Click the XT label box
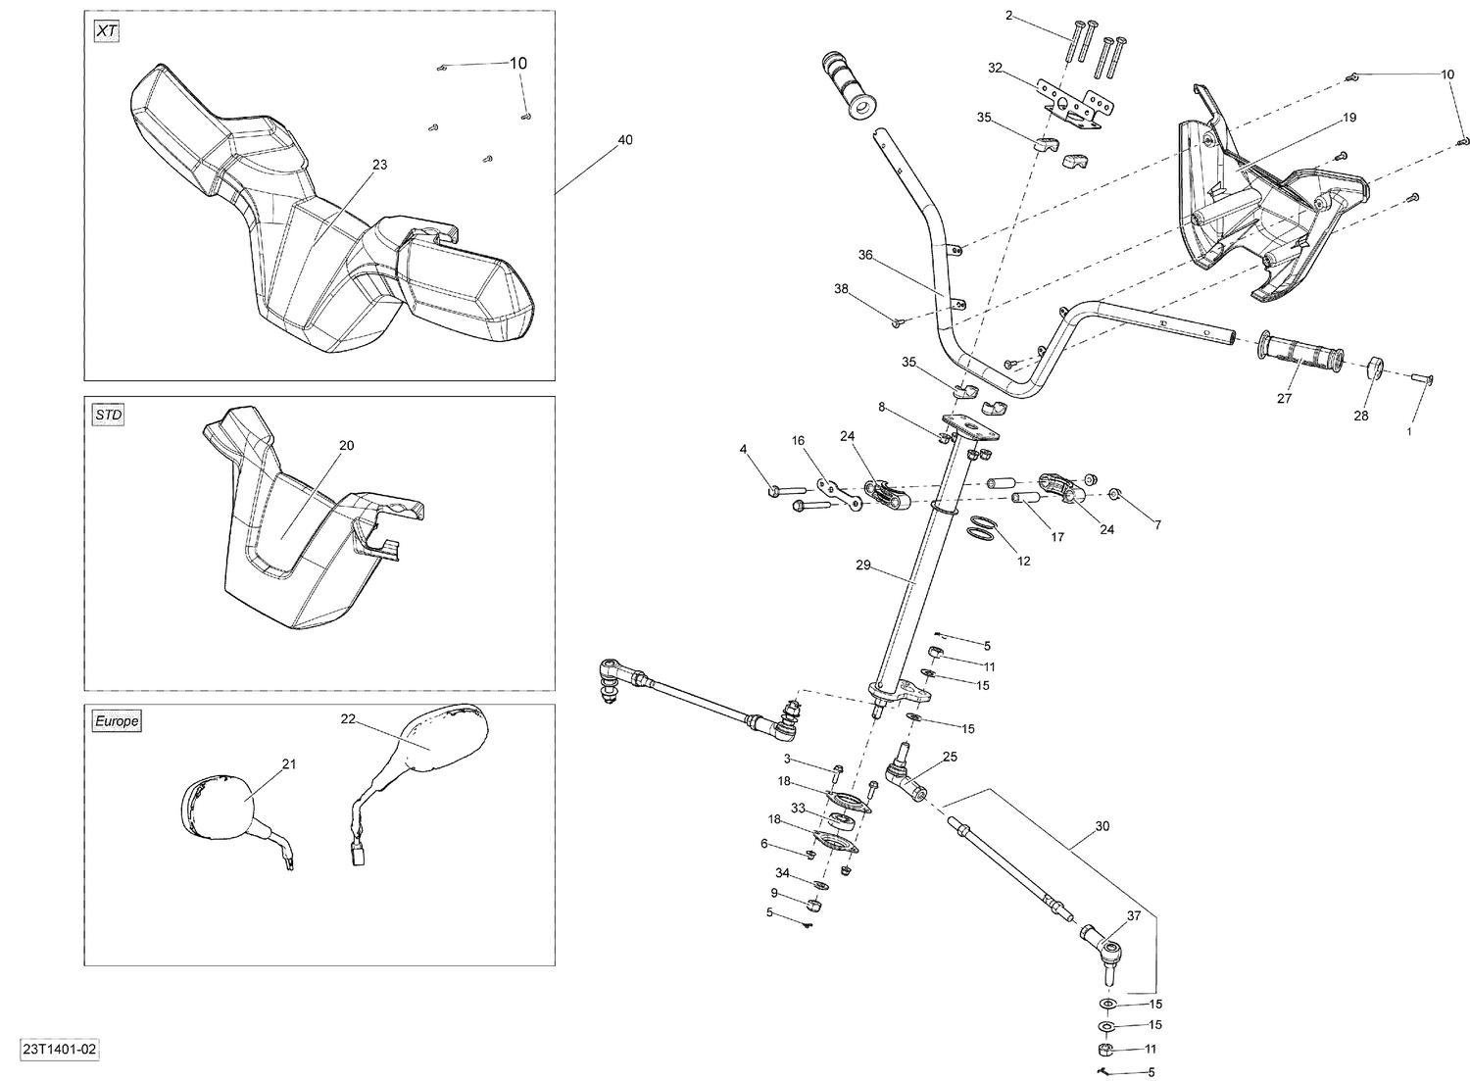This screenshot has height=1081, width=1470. point(107,31)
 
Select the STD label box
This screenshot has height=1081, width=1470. point(108,416)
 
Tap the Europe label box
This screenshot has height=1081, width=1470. point(117,721)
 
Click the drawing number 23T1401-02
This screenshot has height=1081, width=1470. point(59,1050)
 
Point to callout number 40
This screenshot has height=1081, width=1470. point(624,140)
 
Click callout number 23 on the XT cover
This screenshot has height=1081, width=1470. point(379,165)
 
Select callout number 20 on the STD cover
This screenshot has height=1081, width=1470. point(346,445)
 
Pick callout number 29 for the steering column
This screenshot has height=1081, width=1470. point(862,565)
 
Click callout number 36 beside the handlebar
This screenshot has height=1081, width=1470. point(865,255)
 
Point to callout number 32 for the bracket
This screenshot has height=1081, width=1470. point(995,68)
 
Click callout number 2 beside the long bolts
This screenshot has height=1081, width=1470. point(1008,16)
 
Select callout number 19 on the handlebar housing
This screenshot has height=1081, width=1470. point(1349,118)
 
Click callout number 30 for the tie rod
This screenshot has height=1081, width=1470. point(1102,826)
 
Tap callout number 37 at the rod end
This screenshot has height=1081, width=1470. point(1134,915)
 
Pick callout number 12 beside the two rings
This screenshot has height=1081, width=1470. point(1023,562)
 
